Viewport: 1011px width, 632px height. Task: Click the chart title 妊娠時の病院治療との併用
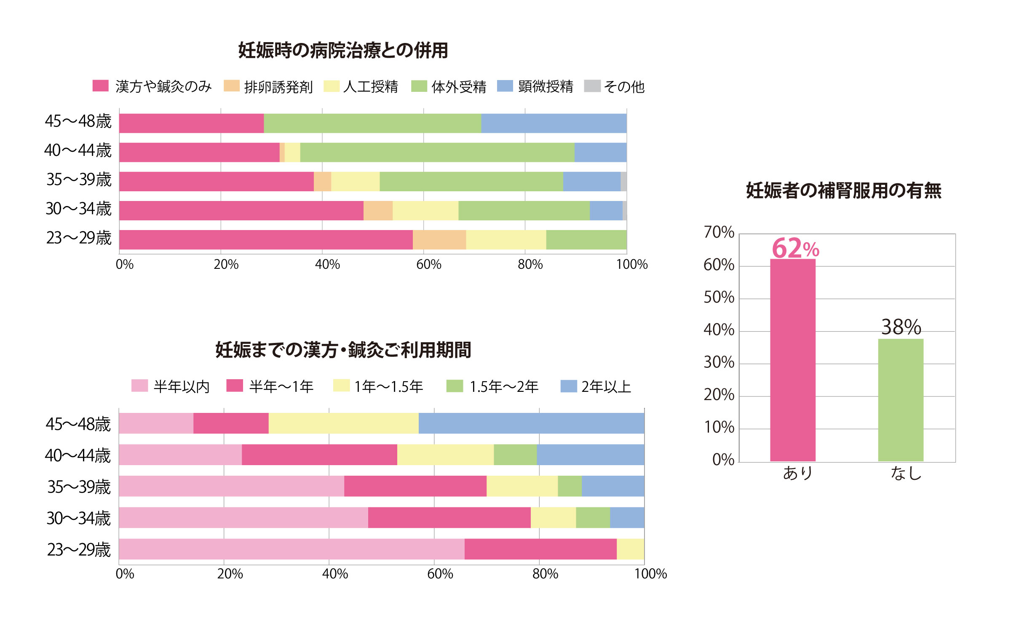tap(343, 51)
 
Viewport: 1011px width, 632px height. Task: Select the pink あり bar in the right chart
tap(792, 360)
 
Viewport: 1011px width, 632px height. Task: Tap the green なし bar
tap(901, 400)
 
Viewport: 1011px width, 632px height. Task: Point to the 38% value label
tap(901, 327)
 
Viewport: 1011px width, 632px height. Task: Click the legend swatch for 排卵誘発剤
tap(231, 86)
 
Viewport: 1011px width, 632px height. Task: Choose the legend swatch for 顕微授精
tap(505, 86)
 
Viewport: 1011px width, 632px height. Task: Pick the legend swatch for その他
tap(592, 86)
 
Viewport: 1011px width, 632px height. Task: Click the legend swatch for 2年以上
tap(568, 386)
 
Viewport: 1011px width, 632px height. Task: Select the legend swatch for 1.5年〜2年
tap(455, 386)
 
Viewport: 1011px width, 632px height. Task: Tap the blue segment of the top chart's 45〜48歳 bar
tap(554, 123)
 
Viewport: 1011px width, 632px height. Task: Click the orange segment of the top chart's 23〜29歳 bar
tap(439, 240)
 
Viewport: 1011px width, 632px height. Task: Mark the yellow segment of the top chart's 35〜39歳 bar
tap(355, 182)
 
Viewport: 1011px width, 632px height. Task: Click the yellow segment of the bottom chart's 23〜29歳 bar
tap(630, 549)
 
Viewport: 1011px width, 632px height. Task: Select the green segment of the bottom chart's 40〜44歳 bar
tap(515, 455)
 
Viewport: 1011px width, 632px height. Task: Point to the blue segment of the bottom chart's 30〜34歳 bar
tap(627, 517)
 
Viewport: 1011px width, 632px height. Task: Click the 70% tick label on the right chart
tap(719, 232)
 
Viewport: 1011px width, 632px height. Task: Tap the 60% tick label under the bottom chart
tap(440, 574)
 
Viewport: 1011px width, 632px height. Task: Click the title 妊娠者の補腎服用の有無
tap(843, 190)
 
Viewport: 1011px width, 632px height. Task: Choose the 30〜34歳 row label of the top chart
tap(78, 209)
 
